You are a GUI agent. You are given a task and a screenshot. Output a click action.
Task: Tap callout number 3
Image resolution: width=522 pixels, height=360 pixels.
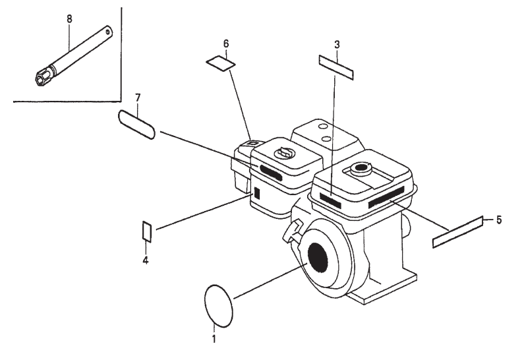pos(337,45)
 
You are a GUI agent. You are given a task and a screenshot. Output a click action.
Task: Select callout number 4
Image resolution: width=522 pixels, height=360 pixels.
pos(146,260)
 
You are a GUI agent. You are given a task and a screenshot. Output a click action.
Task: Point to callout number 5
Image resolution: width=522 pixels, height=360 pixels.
pos(498,220)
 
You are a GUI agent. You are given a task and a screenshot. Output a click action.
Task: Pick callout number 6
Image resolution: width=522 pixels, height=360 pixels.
pos(225,44)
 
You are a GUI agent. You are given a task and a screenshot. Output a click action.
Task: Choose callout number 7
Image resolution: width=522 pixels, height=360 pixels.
pos(138,98)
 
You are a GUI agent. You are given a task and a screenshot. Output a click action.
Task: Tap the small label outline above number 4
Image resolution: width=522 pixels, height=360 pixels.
pos(148,231)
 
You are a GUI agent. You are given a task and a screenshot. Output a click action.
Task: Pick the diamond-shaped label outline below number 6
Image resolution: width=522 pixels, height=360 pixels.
pos(220,63)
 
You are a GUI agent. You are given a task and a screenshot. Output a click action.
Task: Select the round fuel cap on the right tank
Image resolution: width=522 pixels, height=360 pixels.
pos(362,168)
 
